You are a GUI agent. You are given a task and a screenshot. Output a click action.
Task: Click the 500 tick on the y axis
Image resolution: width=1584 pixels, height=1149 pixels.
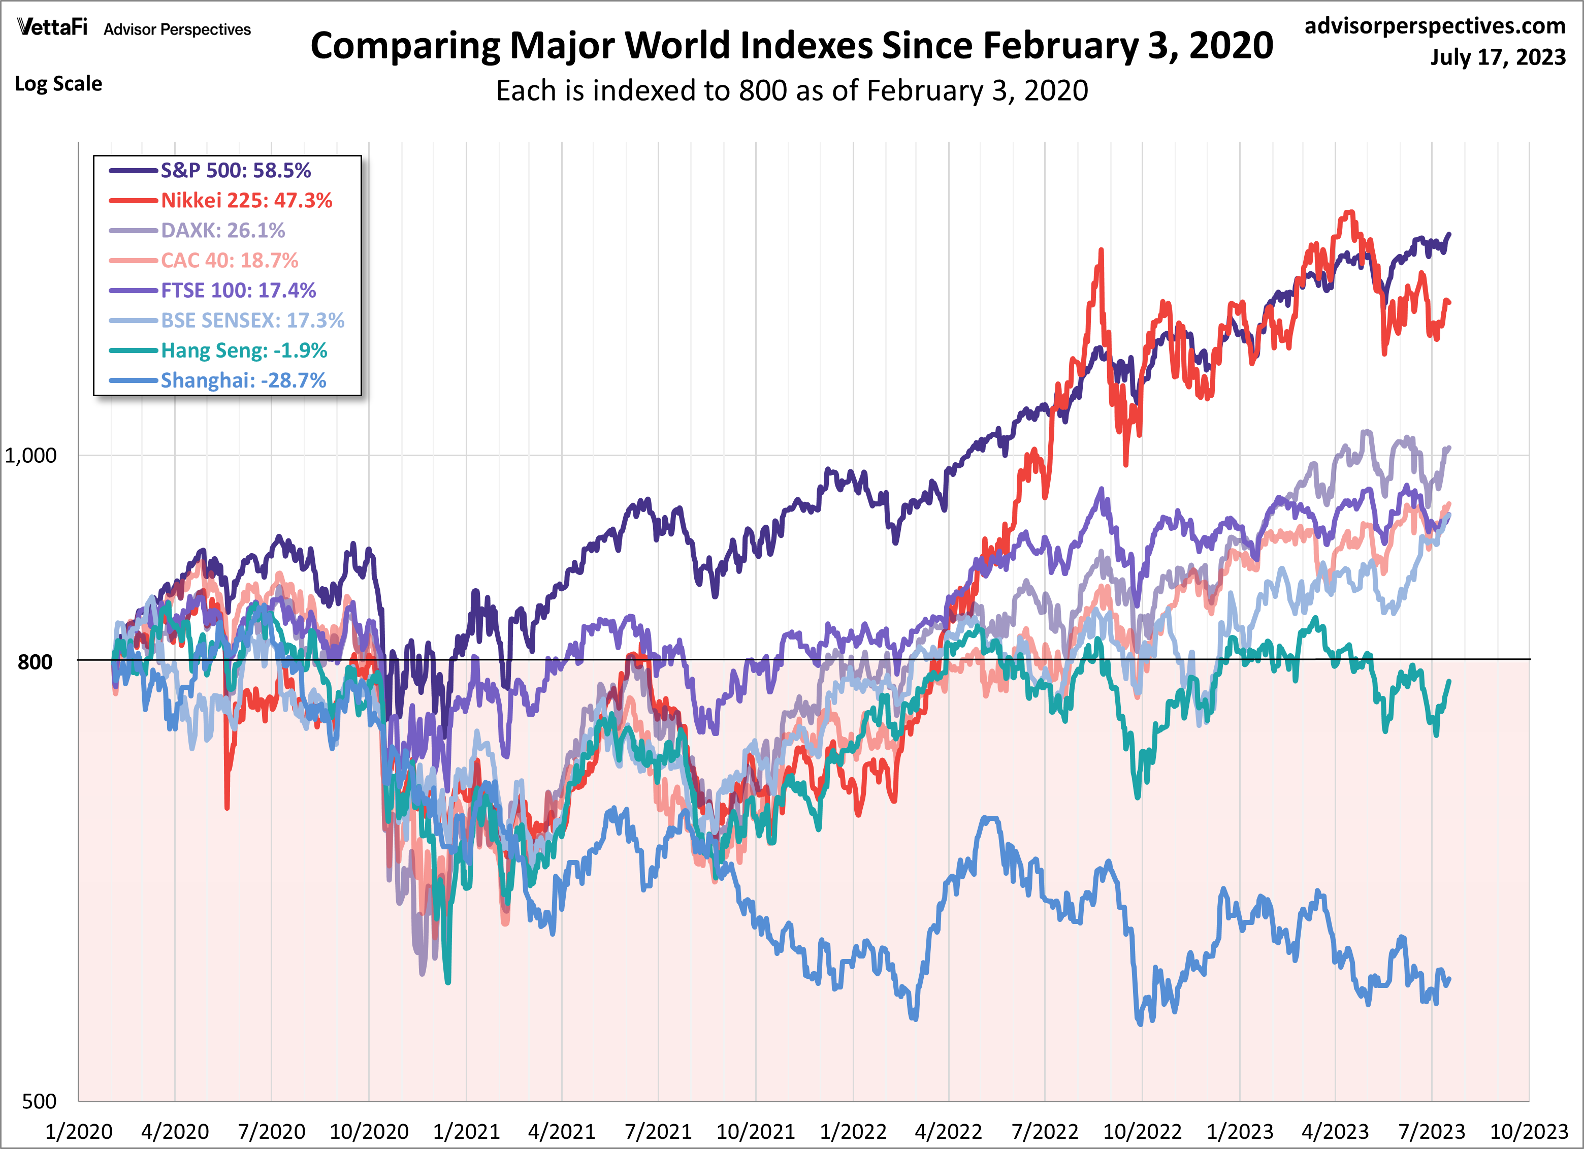pos(39,1101)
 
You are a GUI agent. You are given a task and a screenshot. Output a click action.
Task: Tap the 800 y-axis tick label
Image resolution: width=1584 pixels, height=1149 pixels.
pos(35,661)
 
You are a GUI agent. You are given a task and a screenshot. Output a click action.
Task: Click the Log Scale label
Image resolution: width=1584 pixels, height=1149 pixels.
pos(59,84)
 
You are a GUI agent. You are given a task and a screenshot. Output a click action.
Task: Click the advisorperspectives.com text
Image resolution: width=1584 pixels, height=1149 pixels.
pos(1435,26)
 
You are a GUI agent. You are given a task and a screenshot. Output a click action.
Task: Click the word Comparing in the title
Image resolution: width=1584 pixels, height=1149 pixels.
pos(405,46)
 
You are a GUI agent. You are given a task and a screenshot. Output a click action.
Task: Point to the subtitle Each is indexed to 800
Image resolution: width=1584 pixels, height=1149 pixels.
pos(791,91)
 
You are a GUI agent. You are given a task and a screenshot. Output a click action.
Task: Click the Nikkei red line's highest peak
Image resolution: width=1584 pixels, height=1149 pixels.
pos(1350,212)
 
